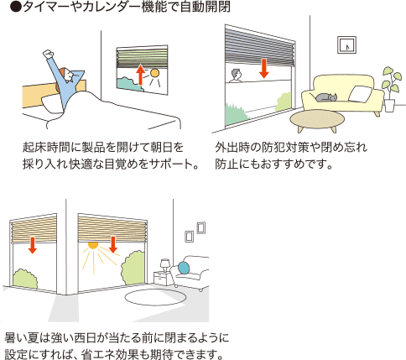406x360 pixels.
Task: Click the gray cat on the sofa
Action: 326,97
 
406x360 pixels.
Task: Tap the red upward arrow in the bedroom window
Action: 140,75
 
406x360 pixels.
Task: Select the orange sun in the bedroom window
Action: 154,73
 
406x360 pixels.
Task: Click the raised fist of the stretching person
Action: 49,54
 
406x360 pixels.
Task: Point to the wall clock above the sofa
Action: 346,44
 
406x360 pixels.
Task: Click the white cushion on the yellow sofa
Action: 361,94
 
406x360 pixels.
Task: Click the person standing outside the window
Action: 236,76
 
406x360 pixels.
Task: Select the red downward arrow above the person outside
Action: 263,68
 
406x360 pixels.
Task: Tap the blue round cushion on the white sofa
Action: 184,268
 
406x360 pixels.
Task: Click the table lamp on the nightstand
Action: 165,265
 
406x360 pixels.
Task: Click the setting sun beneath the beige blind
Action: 93,245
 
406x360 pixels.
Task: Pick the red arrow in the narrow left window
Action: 33,245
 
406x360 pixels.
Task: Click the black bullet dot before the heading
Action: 16,8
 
